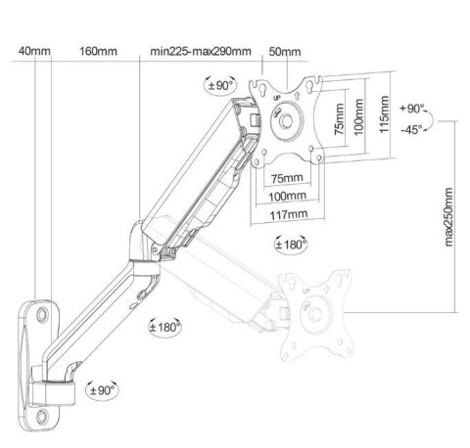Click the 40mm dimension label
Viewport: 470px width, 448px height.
(34, 51)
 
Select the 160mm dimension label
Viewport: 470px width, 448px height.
(98, 51)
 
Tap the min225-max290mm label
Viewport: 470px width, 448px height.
(201, 51)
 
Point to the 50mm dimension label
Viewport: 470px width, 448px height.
(285, 52)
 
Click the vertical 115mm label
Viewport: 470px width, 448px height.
(385, 114)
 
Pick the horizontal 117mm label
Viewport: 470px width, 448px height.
(289, 215)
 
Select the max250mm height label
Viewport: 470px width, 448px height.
(448, 217)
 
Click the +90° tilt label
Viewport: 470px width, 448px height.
(412, 109)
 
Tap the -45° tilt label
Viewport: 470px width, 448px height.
(411, 130)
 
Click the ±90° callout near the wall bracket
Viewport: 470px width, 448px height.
(102, 390)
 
